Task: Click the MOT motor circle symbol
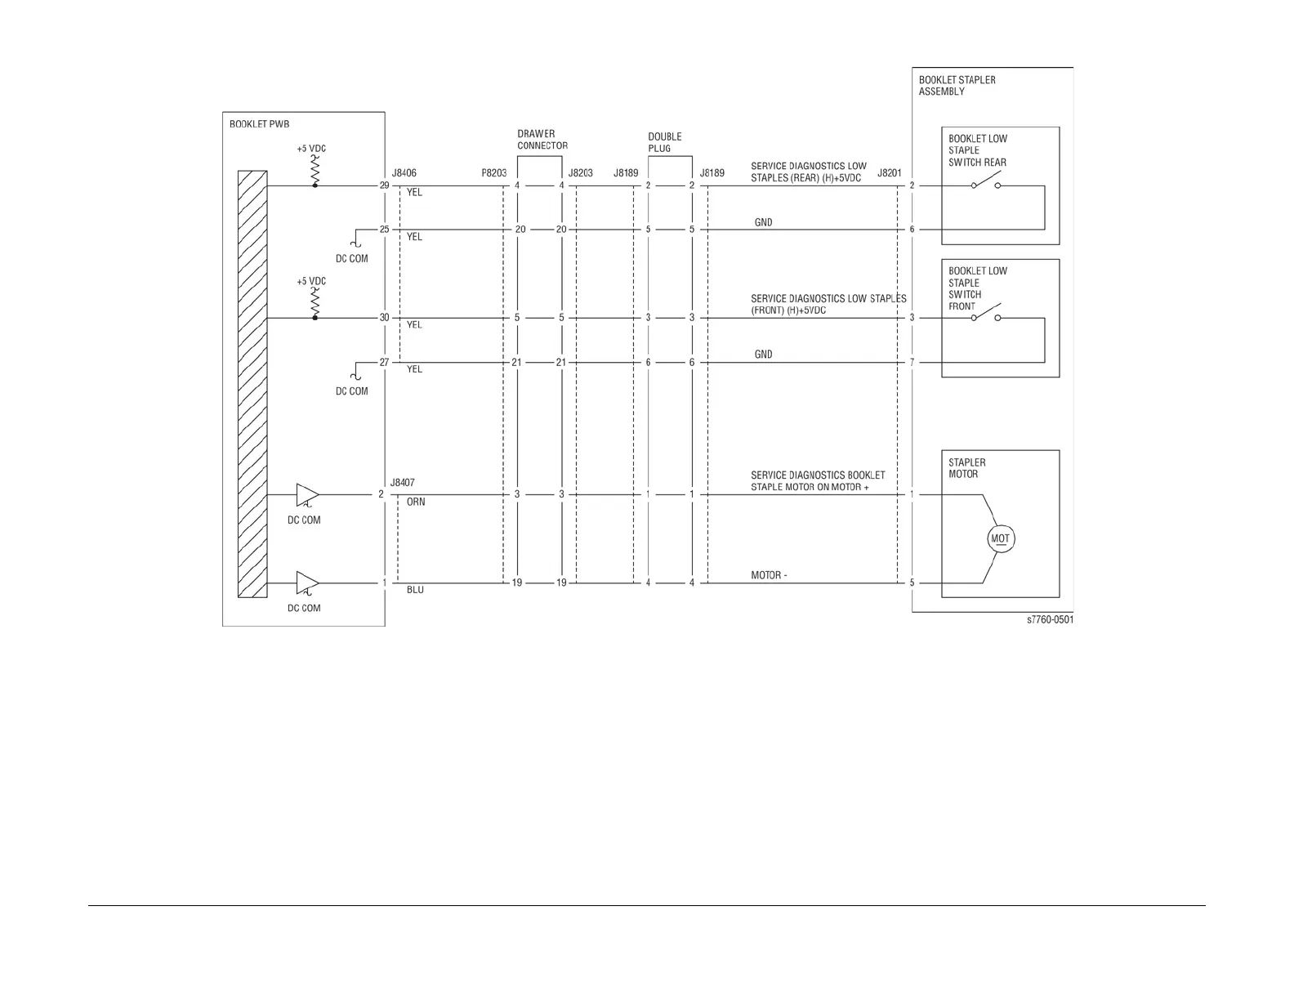pos(1000,539)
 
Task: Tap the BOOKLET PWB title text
pos(259,124)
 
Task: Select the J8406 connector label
pos(404,173)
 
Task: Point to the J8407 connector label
pos(402,483)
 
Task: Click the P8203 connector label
pos(493,173)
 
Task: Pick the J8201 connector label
pos(889,173)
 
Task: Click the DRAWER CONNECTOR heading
pos(542,140)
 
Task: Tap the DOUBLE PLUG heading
pos(664,142)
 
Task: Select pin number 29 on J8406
pos(384,185)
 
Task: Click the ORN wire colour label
pos(416,502)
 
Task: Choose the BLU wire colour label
pos(415,590)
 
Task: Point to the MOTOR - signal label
pos(769,575)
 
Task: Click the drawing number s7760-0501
pos(1050,620)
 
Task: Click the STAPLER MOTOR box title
pos(966,468)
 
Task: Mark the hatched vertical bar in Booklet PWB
pos(252,384)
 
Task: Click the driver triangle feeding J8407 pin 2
pos(307,495)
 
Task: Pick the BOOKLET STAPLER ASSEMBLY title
pos(957,86)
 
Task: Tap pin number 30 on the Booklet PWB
pos(384,318)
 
